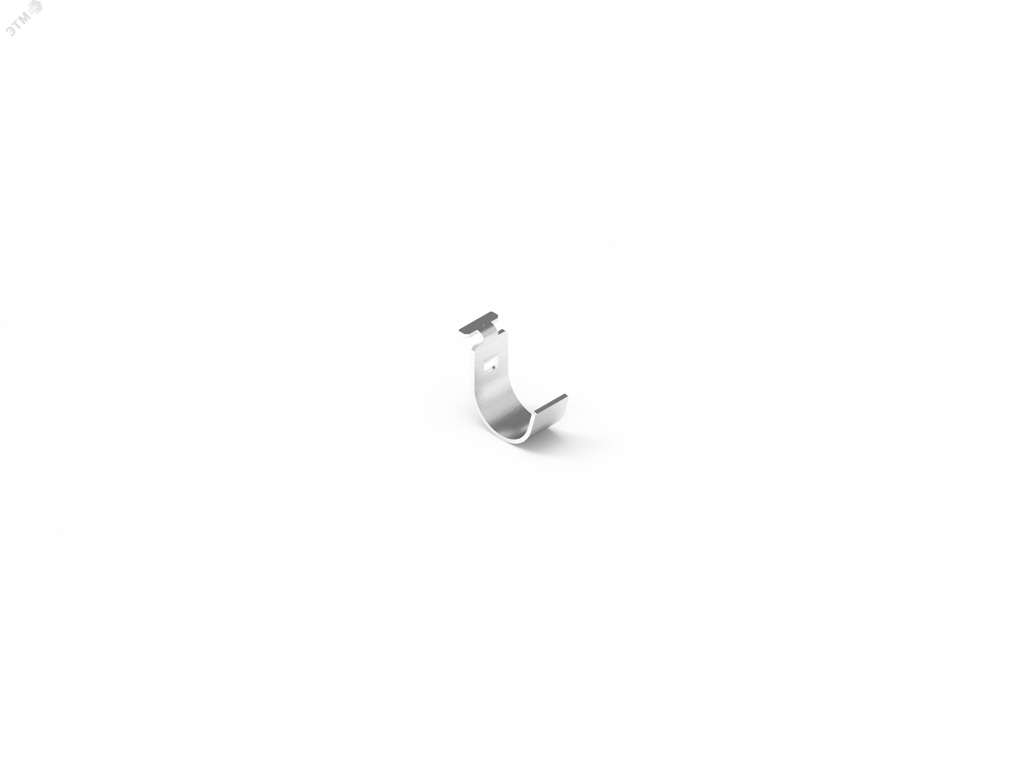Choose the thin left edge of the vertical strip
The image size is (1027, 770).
pyautogui.click(x=473, y=380)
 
